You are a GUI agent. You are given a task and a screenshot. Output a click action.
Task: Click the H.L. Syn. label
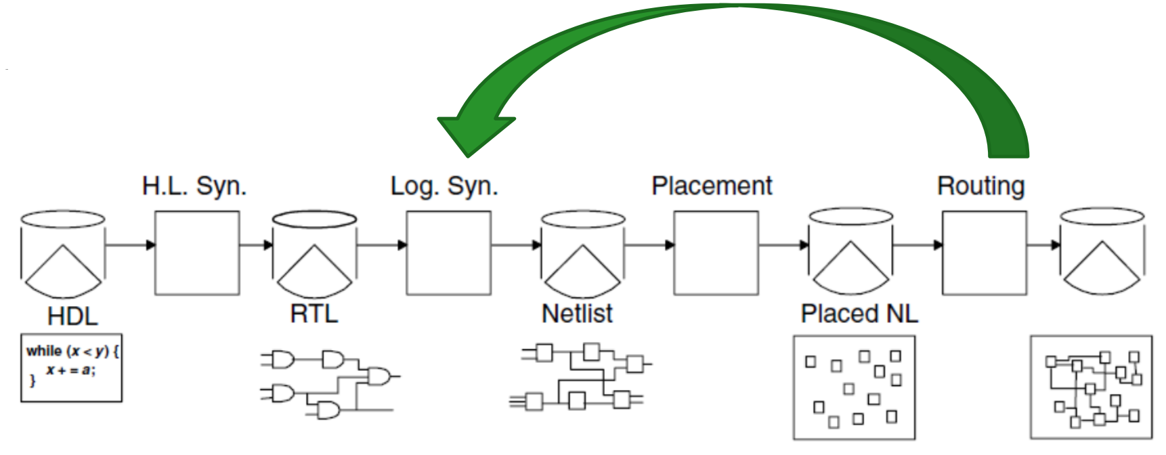[194, 186]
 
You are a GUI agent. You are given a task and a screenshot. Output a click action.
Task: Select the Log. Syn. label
[444, 186]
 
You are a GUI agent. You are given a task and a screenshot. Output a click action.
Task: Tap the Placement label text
[712, 186]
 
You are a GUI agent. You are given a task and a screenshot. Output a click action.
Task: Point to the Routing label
[980, 186]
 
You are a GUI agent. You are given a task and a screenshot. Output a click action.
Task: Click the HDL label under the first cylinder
[72, 316]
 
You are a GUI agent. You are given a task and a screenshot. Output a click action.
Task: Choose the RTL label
[314, 313]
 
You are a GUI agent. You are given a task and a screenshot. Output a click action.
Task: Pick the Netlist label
[577, 313]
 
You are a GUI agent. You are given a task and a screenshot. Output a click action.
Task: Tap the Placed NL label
[859, 313]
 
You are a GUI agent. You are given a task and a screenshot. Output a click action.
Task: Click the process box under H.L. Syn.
[197, 253]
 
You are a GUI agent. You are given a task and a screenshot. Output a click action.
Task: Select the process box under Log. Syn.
[448, 253]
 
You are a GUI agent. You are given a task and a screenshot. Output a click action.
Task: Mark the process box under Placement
[716, 253]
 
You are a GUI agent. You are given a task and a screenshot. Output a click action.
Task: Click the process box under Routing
[984, 253]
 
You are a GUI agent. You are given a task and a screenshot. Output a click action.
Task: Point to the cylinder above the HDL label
[63, 254]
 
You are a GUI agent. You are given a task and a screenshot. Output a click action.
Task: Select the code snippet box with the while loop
[72, 368]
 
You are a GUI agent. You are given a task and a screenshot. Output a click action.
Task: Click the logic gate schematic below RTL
[328, 383]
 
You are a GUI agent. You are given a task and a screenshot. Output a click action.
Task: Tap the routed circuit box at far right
[1091, 387]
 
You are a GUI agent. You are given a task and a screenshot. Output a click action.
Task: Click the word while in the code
[44, 351]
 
